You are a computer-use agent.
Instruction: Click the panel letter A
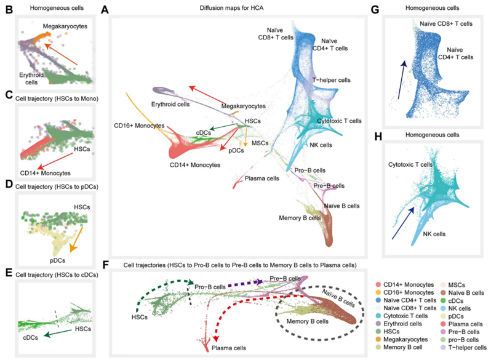105,10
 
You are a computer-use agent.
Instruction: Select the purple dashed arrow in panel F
247,283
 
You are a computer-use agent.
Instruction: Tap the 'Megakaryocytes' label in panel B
65,26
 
